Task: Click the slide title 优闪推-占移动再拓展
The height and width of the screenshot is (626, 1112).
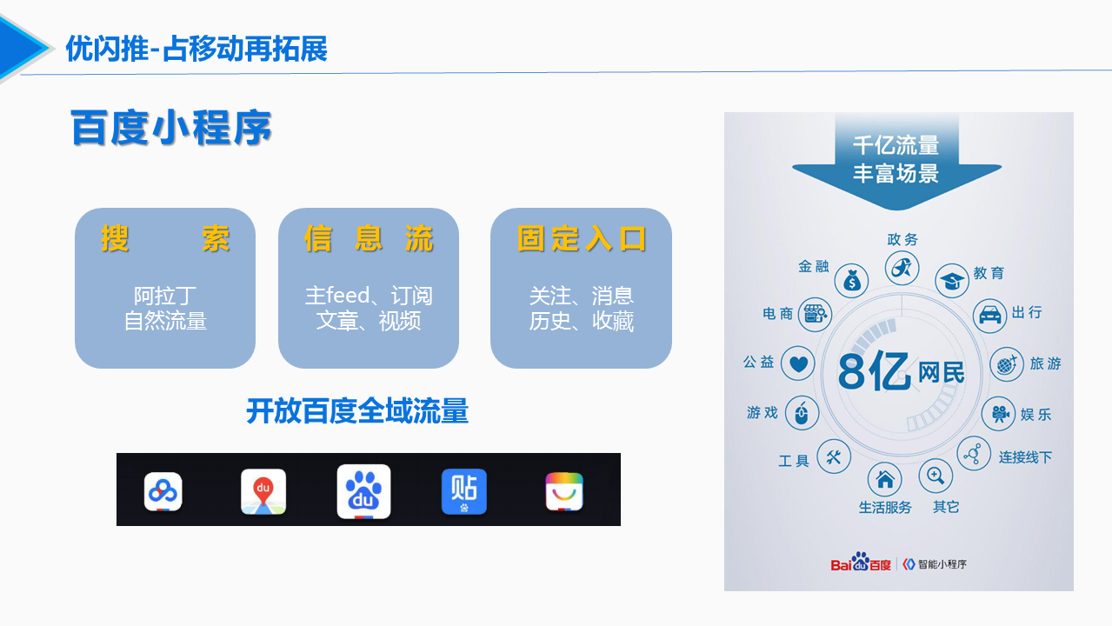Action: [196, 49]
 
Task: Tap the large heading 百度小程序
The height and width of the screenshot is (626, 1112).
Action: [171, 128]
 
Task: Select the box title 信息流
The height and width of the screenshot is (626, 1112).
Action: [369, 239]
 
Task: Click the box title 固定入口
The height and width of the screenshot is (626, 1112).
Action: [582, 239]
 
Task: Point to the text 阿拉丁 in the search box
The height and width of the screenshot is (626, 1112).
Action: [165, 296]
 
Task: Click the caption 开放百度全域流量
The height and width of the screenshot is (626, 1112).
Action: [357, 411]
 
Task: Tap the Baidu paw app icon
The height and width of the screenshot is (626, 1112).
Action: [363, 491]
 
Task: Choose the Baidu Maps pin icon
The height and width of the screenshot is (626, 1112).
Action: [263, 491]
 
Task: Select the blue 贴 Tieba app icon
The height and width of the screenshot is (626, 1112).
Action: [464, 491]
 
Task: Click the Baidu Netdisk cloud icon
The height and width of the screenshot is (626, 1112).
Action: [163, 492]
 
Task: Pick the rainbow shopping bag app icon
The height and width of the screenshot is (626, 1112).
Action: [564, 491]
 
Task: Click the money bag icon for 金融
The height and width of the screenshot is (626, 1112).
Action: [851, 281]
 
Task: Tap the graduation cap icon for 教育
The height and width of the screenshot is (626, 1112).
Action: [952, 281]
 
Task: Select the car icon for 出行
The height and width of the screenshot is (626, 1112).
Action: [990, 316]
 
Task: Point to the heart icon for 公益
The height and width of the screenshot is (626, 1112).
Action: [798, 363]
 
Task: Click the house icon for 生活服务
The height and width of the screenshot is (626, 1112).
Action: [884, 479]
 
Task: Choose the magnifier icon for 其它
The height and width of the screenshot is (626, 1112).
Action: [936, 476]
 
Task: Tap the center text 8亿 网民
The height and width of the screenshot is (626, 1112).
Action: [901, 371]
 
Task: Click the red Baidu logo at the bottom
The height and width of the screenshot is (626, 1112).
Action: [861, 563]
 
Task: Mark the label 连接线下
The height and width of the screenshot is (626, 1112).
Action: [1025, 456]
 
